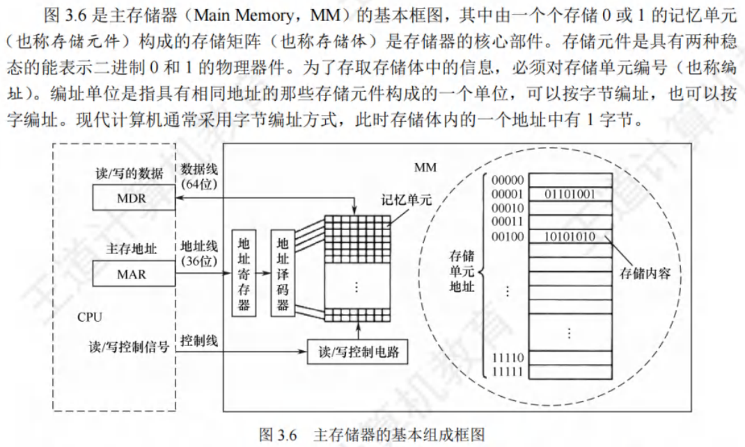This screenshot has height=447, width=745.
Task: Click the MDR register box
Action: coord(134,198)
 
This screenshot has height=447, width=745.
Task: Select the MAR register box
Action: coord(134,274)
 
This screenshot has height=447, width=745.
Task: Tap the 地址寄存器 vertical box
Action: coord(244,273)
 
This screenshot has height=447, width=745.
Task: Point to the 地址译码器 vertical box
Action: coord(283,273)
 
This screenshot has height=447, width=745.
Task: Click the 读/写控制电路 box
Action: coord(357,352)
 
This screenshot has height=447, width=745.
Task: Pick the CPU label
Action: coord(89,317)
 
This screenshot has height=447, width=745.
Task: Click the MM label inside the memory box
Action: coord(425,167)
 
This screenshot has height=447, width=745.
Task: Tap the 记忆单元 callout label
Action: coord(407,200)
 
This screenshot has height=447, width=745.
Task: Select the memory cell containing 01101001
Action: coord(570,194)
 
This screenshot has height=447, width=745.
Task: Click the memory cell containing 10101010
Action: coord(570,236)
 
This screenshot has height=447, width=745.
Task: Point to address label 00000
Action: coord(508,180)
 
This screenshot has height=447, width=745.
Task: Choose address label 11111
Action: coord(508,372)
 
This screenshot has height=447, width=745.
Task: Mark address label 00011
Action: coord(508,221)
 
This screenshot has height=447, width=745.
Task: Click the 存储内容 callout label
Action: coord(645,273)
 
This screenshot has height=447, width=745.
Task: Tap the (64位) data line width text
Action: coord(199,184)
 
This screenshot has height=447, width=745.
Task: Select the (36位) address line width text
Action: coord(199,260)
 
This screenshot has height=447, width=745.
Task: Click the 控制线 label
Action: coord(199,340)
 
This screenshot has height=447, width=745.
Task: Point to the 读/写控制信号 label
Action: coord(129,347)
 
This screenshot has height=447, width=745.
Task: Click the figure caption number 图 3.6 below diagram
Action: coord(278,434)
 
